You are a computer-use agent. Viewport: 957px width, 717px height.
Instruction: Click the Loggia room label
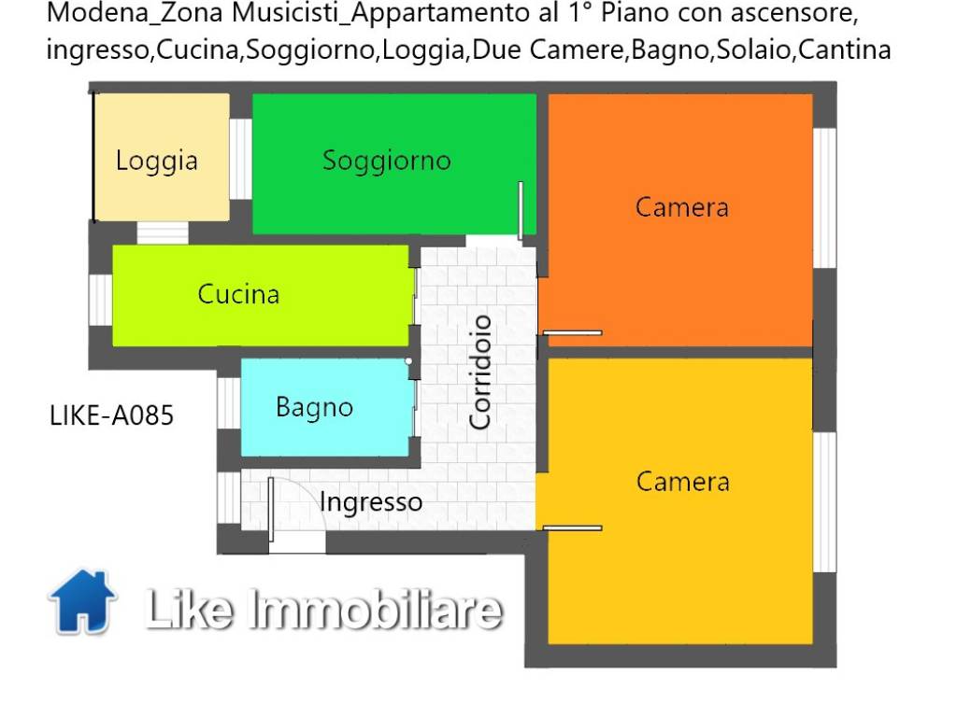(x=157, y=162)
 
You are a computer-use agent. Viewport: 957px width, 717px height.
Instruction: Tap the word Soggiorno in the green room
(x=387, y=161)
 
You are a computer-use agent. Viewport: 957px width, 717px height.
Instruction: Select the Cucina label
(x=238, y=294)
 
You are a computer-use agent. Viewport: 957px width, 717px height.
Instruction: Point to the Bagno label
(x=314, y=408)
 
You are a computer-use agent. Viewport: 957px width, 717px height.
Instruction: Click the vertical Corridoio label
(x=480, y=372)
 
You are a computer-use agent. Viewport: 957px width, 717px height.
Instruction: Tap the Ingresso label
(x=371, y=503)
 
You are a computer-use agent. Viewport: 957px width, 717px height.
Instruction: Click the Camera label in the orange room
(x=682, y=207)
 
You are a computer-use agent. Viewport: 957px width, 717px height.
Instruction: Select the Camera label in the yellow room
(x=683, y=482)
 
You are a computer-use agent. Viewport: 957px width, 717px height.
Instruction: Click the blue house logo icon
(x=82, y=602)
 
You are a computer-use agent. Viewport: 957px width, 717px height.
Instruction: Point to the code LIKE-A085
(x=112, y=415)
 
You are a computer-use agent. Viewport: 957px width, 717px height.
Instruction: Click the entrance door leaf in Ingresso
(x=271, y=510)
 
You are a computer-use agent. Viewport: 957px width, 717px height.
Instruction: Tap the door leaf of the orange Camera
(x=573, y=333)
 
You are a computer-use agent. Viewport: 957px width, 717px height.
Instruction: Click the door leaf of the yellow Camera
(x=573, y=528)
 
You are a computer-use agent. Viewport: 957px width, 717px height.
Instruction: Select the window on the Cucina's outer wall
(x=101, y=300)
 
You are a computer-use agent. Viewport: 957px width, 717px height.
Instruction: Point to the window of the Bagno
(x=229, y=403)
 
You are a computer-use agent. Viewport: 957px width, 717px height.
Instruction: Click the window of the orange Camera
(x=824, y=198)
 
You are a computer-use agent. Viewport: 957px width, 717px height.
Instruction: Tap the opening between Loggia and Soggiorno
(x=240, y=159)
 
